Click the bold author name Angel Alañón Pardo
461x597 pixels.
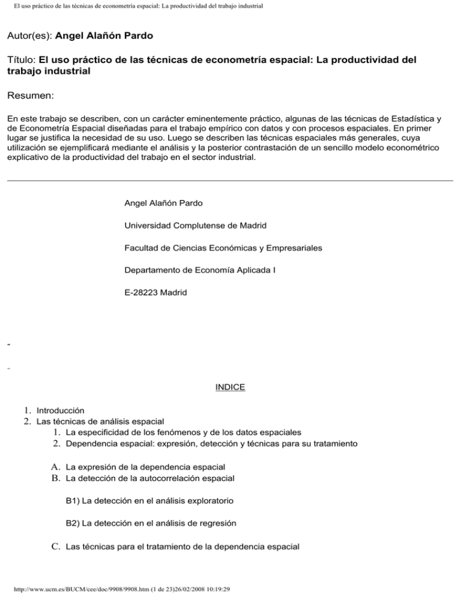click(104, 36)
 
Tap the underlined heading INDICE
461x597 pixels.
click(230, 387)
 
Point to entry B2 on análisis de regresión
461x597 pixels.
click(151, 523)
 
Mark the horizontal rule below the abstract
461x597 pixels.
click(230, 180)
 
